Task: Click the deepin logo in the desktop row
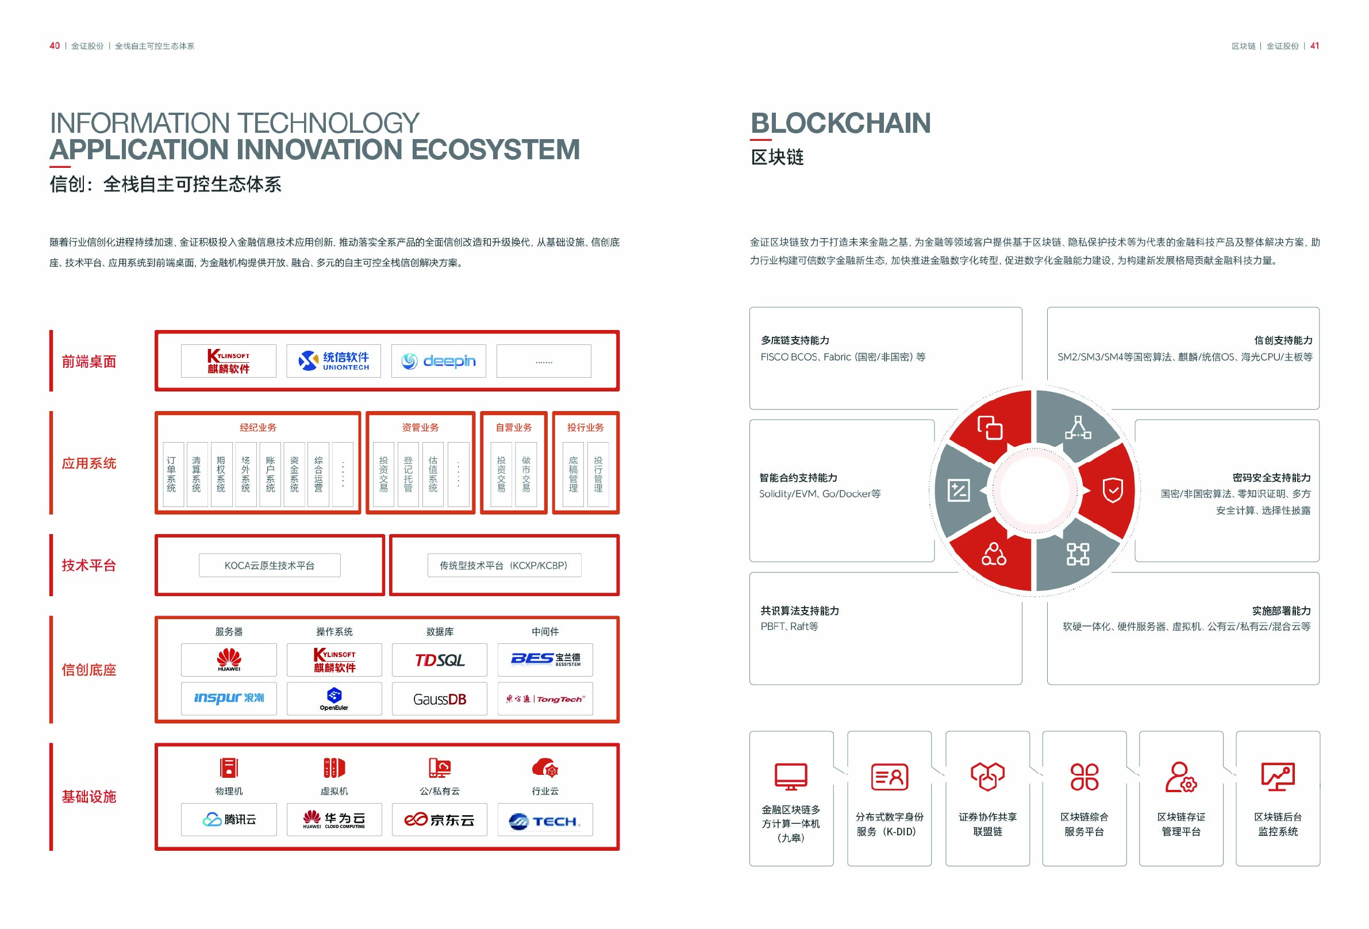tap(439, 360)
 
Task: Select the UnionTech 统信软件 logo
tap(333, 360)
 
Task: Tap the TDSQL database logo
tap(440, 660)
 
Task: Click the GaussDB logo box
tap(440, 698)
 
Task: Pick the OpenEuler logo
tap(334, 698)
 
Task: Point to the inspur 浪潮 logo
tap(229, 698)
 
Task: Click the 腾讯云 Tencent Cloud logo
tap(229, 819)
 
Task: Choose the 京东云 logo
tap(440, 819)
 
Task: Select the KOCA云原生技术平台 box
tap(270, 566)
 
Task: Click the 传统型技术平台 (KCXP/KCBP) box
tap(504, 566)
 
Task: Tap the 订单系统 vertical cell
tap(172, 474)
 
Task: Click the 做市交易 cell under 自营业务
tap(526, 474)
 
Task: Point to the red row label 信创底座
tap(89, 670)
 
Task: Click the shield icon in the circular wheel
tap(1113, 490)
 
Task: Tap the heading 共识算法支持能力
tap(800, 611)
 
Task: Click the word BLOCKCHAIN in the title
tap(841, 123)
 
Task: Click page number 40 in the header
tap(55, 46)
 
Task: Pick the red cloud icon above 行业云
tap(545, 767)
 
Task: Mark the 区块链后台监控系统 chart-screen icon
tap(1278, 777)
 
